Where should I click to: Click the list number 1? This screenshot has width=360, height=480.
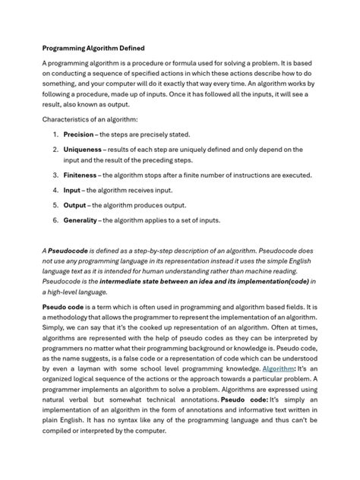point(55,134)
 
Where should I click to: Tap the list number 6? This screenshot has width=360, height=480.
point(55,220)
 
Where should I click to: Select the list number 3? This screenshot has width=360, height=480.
point(55,175)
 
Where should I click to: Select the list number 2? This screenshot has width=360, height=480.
point(55,149)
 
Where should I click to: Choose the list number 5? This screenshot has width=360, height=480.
point(55,205)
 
